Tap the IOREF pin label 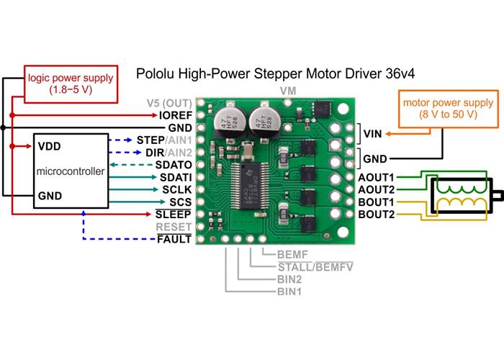(176, 114)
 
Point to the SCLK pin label (175, 189)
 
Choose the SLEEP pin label (174, 215)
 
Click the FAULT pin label (174, 239)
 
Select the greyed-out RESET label (174, 227)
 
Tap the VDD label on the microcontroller (49, 146)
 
